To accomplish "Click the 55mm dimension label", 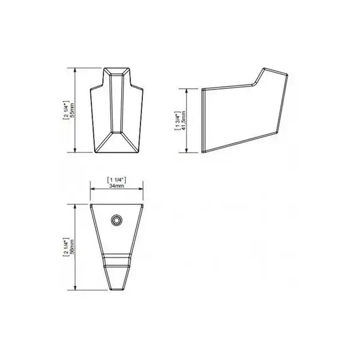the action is click(72, 110).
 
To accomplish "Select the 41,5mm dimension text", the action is click(183, 121).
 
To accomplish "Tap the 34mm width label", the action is click(116, 186).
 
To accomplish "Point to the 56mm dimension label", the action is click(73, 247).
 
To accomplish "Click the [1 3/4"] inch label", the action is click(177, 121).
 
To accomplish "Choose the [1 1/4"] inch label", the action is click(116, 180).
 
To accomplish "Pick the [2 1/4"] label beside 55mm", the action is click(65, 110).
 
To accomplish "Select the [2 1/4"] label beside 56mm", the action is click(66, 247).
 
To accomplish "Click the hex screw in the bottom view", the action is click(116, 221).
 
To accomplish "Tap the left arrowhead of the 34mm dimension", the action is click(92, 189).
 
